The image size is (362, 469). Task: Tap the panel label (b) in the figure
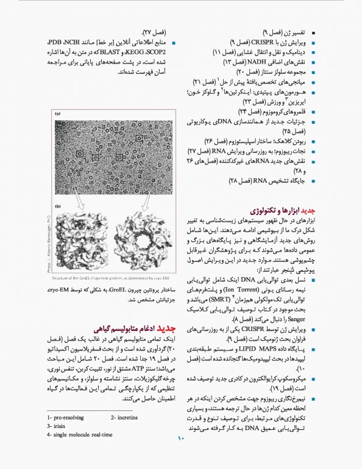click(x=57, y=207)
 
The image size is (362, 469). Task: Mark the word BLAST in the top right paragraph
click(x=117, y=53)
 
